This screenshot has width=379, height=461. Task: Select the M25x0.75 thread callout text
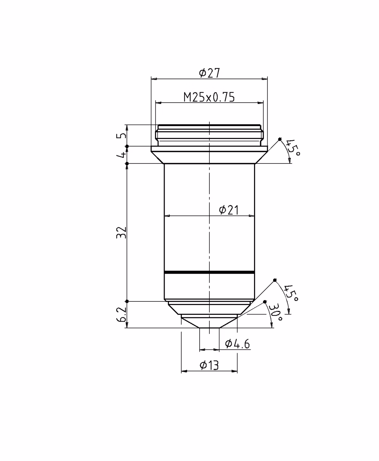209,97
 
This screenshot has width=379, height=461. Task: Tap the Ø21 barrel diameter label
228,210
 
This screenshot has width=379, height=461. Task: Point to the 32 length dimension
122,233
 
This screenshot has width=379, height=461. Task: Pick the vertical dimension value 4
122,155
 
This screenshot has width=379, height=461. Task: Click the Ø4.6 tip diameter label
237,344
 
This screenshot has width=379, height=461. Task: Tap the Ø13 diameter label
209,365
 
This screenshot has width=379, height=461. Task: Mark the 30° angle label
276,312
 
